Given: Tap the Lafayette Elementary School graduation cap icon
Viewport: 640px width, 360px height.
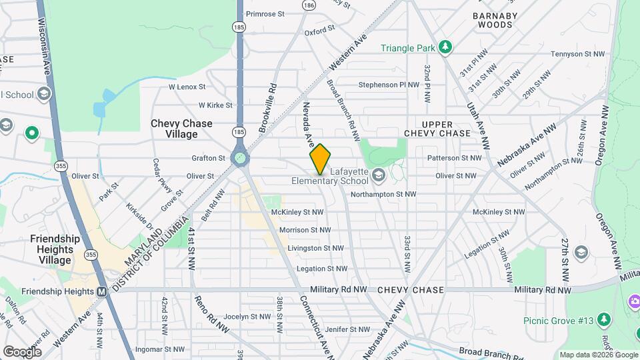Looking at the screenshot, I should pos(379,176).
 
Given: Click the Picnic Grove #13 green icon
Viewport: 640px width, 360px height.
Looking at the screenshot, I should pos(604,320).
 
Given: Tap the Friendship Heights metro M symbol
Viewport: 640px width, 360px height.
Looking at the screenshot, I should pos(102,291).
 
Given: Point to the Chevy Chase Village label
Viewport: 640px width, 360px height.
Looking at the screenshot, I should pos(181,129).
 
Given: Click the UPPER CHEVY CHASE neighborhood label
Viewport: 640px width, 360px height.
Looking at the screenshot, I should pos(437,129).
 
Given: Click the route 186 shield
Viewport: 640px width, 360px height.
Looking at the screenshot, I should pos(308,5).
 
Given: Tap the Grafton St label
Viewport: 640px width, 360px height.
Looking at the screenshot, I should pos(208,158).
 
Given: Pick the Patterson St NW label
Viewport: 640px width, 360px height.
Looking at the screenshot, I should pos(454,158).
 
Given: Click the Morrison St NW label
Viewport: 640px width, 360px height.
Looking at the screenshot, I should pos(305,230).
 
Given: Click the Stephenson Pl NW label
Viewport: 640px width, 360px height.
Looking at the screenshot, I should pos(389,85).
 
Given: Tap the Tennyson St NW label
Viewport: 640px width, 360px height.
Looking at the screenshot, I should pos(577,54).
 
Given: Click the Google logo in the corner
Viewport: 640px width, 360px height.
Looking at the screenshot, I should pos(22,351).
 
